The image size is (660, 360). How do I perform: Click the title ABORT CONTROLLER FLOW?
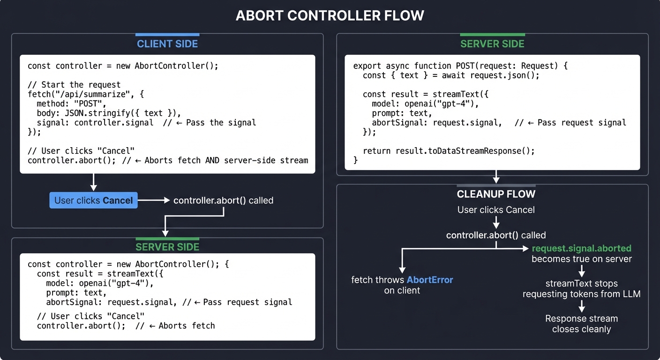point(330,15)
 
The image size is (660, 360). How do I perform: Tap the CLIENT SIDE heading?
point(167,44)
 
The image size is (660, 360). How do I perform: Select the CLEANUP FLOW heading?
point(496,194)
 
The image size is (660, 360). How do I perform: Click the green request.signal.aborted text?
point(581,248)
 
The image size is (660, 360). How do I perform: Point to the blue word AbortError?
point(430,280)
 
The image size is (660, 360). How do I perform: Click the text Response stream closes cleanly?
point(581,324)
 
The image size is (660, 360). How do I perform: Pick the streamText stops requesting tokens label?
point(581,289)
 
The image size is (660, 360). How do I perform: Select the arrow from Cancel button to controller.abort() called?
point(153,200)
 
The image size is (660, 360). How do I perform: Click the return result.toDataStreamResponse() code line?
point(449,150)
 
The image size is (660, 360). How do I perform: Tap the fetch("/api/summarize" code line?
point(86,94)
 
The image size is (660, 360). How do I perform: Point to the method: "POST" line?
point(71,104)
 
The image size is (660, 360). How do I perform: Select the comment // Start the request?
point(74,85)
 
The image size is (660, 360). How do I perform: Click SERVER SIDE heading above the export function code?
point(492,44)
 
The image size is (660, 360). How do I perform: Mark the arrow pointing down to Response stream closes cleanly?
point(581,307)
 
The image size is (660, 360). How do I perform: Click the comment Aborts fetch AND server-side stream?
point(226,160)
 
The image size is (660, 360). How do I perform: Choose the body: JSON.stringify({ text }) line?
point(109,113)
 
